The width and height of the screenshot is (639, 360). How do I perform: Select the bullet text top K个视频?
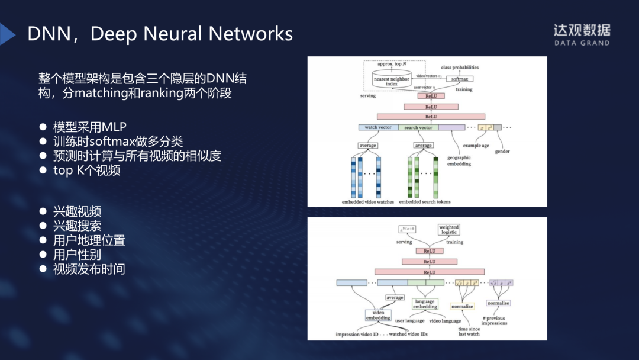coord(86,171)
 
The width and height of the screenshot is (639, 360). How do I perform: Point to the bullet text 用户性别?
coord(77,255)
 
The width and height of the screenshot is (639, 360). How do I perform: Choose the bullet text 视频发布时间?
coord(89,269)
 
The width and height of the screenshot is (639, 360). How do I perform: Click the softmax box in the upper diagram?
coord(459,79)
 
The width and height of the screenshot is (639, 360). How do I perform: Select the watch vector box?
coord(377,127)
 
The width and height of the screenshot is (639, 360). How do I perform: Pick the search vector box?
coord(418,127)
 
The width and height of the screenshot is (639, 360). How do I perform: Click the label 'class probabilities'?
coord(460,67)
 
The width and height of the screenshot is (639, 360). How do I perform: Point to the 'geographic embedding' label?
coord(459,160)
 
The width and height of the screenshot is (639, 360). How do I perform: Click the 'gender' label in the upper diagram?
coord(502,152)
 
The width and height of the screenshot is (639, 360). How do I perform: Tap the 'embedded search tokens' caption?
coord(424,202)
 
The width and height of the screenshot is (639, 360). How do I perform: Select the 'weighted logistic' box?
coord(448,230)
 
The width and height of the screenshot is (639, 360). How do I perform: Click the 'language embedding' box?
coord(425,304)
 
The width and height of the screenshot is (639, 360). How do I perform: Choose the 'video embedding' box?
coord(378,315)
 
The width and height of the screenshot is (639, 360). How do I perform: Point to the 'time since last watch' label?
coord(469,331)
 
